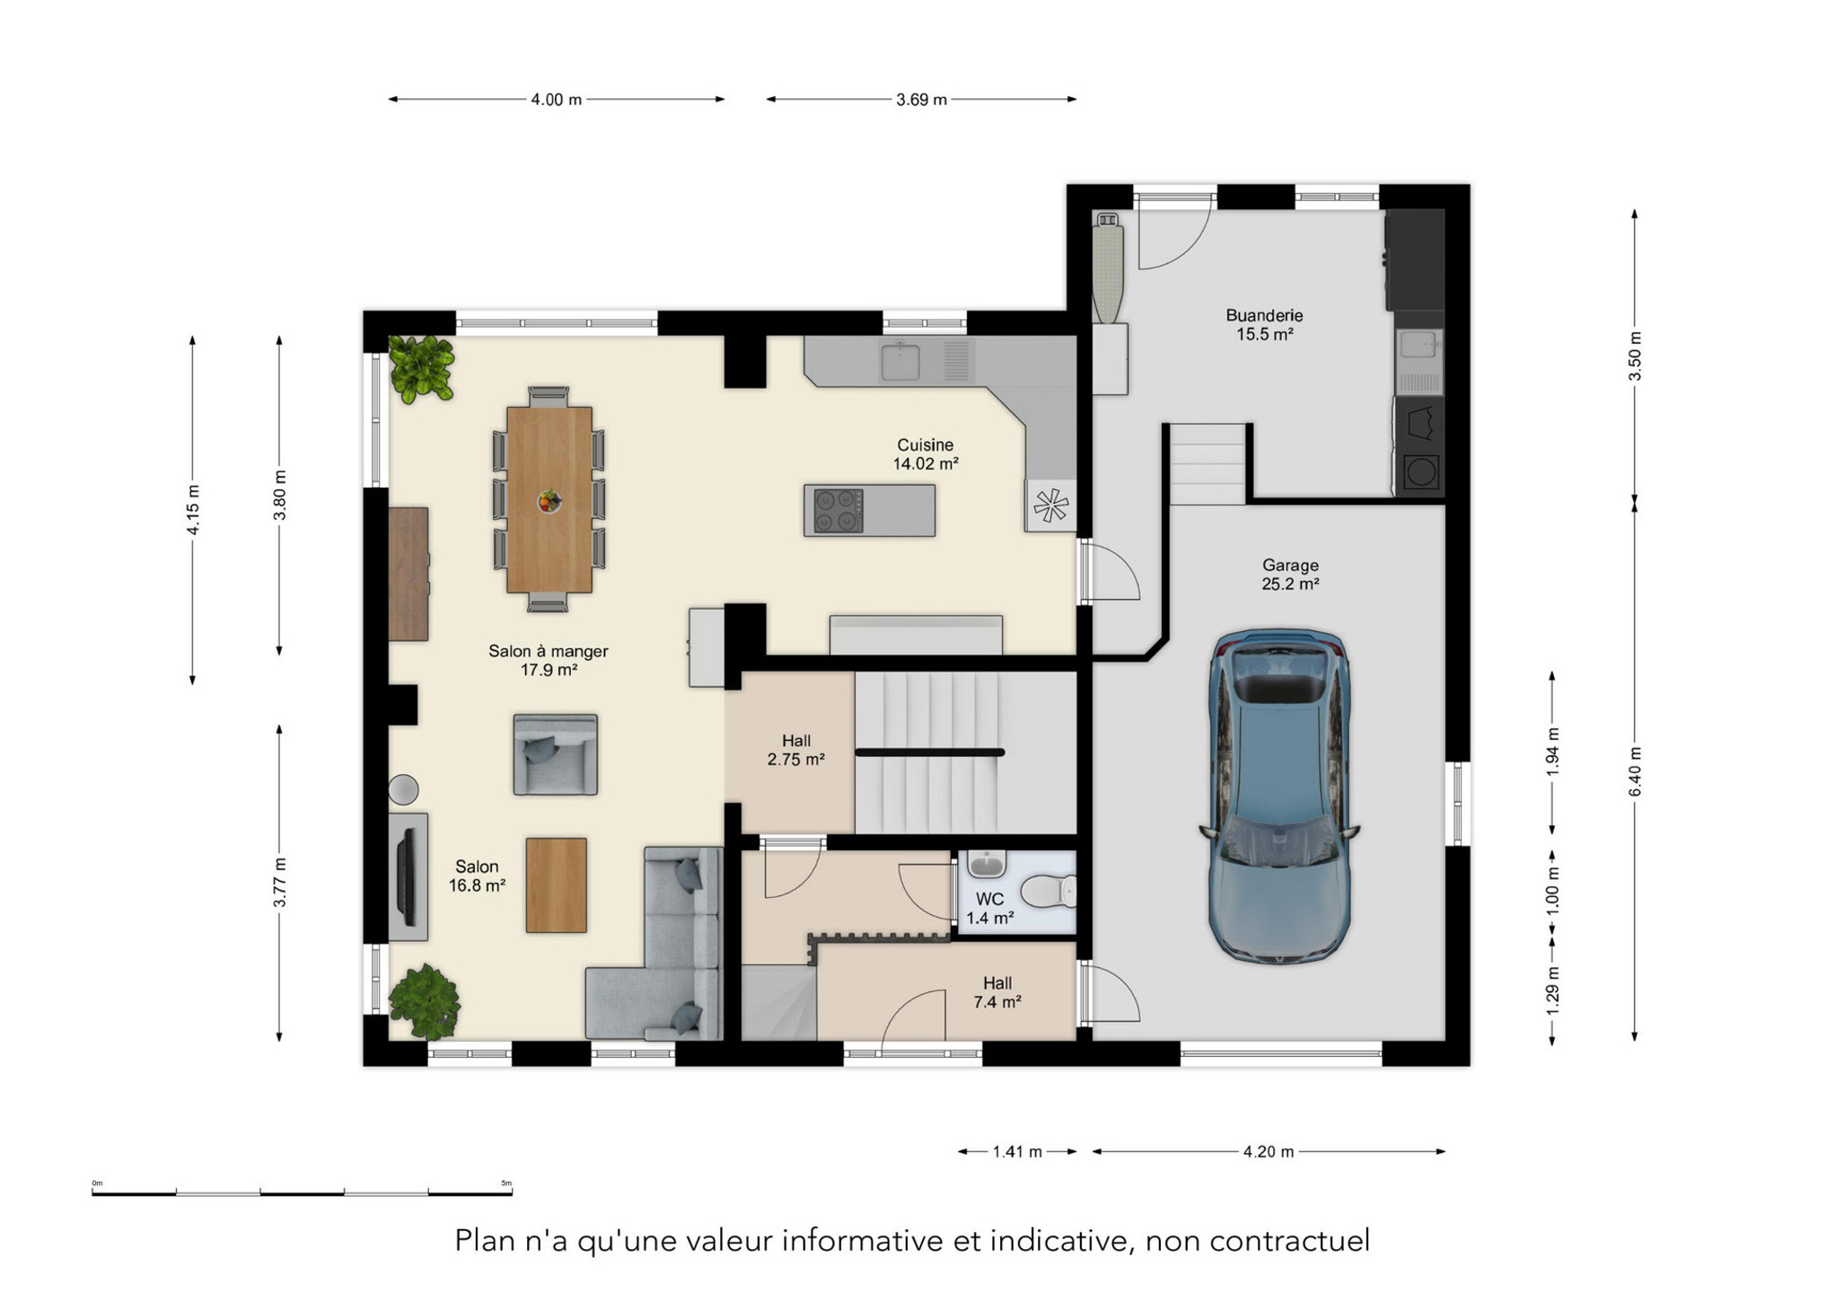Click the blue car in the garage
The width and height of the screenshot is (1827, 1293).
tap(1279, 796)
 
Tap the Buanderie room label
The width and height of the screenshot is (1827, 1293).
tap(1264, 315)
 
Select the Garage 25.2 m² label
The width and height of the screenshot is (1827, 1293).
tap(1290, 575)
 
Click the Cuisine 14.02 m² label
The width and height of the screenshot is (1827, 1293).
tap(925, 454)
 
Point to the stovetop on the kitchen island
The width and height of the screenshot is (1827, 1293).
tap(838, 511)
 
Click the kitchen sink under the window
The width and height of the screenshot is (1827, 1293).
tap(900, 361)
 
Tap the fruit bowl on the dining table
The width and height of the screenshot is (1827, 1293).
tap(549, 502)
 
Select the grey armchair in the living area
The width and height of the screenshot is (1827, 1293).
tap(555, 754)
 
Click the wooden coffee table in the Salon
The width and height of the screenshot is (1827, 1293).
tap(557, 885)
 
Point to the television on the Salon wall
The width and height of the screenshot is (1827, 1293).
tap(406, 877)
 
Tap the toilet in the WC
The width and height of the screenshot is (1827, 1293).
tap(1049, 892)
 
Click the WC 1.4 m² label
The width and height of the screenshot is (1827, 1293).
tap(989, 909)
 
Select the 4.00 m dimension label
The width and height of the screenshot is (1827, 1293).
tap(556, 100)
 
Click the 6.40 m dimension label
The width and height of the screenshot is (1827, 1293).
tap(1635, 770)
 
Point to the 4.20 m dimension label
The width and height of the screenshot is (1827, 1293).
tap(1269, 1151)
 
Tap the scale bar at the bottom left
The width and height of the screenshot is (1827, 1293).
tap(302, 1192)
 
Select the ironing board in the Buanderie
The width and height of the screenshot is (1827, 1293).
tap(1108, 268)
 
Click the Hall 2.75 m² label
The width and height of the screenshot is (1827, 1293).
tap(795, 750)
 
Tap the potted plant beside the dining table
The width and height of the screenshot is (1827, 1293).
tap(421, 368)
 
